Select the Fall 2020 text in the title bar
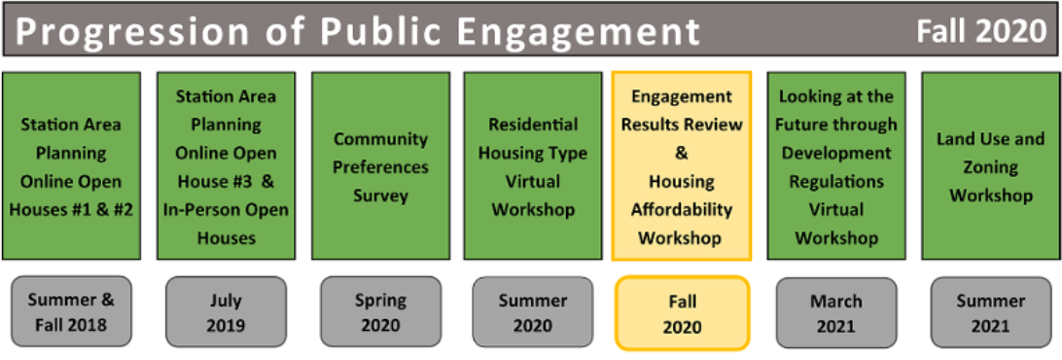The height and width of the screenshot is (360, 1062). [x=981, y=32]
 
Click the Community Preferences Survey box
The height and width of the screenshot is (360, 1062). [x=380, y=166]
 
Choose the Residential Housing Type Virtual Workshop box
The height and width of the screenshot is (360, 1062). [x=533, y=166]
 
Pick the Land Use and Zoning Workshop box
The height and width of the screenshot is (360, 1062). [x=991, y=166]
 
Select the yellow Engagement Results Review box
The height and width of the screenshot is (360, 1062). [x=682, y=166]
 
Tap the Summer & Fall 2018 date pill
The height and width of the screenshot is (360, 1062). [x=72, y=312]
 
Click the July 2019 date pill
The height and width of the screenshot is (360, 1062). [x=227, y=312]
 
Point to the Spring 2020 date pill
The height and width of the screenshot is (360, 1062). [x=380, y=312]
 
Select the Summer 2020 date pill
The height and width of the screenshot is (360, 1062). [x=533, y=312]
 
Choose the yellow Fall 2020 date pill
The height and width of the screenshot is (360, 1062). [x=682, y=312]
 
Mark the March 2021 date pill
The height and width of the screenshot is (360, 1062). [x=836, y=312]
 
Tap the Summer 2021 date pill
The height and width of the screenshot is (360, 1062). [x=991, y=312]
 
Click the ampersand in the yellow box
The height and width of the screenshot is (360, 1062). [x=682, y=154]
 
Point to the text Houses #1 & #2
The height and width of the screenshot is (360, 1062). [x=72, y=210]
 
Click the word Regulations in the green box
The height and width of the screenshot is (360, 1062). [x=836, y=182]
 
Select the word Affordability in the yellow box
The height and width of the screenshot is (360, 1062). [x=682, y=210]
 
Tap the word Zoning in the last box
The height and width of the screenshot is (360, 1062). [x=991, y=168]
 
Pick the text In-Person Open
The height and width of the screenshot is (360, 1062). [x=227, y=210]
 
